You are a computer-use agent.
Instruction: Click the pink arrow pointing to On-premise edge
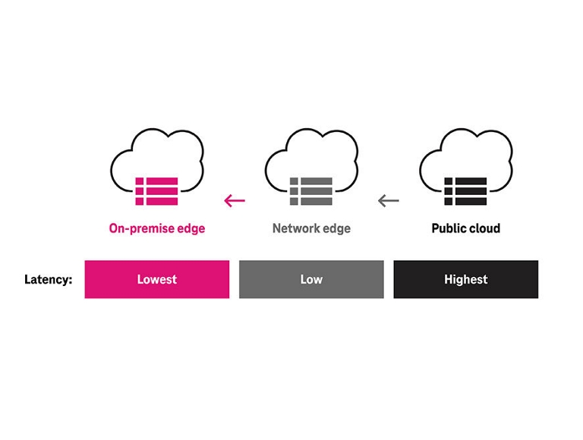pyautogui.click(x=235, y=201)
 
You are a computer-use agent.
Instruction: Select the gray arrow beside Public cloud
pyautogui.click(x=388, y=201)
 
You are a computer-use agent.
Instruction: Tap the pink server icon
pyautogui.click(x=156, y=191)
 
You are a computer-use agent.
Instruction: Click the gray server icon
pyautogui.click(x=310, y=191)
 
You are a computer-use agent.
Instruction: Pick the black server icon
pyautogui.click(x=465, y=191)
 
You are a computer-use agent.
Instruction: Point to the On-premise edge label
pyautogui.click(x=156, y=228)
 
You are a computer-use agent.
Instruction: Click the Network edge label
pyautogui.click(x=311, y=228)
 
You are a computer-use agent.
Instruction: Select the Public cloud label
pyautogui.click(x=465, y=228)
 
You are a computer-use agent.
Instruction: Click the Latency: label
pyautogui.click(x=48, y=279)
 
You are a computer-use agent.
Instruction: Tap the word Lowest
pyautogui.click(x=156, y=279)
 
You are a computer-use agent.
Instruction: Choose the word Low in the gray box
pyautogui.click(x=311, y=279)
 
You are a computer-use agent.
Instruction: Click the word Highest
pyautogui.click(x=465, y=279)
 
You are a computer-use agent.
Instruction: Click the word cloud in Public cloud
pyautogui.click(x=484, y=228)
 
